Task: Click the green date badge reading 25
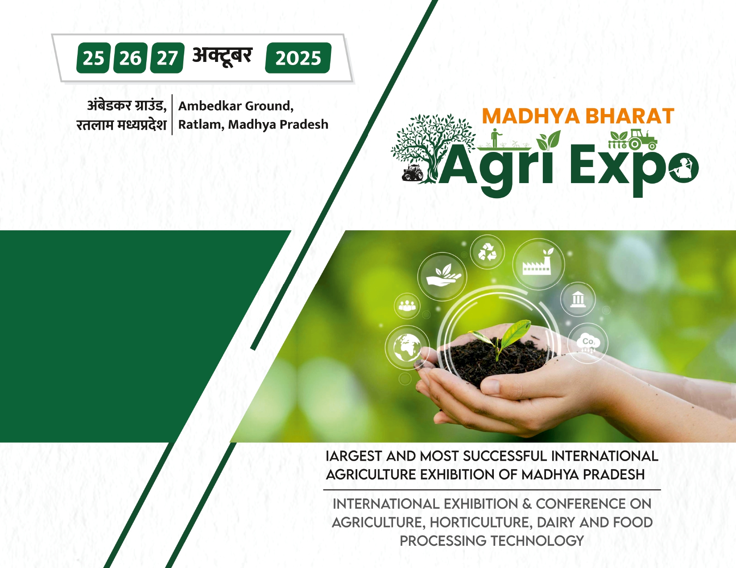pyautogui.click(x=94, y=58)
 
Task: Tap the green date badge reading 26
pyautogui.click(x=130, y=58)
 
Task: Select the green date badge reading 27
pyautogui.click(x=167, y=58)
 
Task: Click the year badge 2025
pyautogui.click(x=298, y=58)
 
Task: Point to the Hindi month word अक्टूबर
pyautogui.click(x=222, y=56)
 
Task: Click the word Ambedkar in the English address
pyautogui.click(x=211, y=106)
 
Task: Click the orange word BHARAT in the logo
pyautogui.click(x=629, y=116)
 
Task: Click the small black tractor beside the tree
pyautogui.click(x=413, y=172)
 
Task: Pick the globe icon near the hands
pyautogui.click(x=407, y=347)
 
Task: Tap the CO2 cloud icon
pyautogui.click(x=588, y=343)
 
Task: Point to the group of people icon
pyautogui.click(x=407, y=306)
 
